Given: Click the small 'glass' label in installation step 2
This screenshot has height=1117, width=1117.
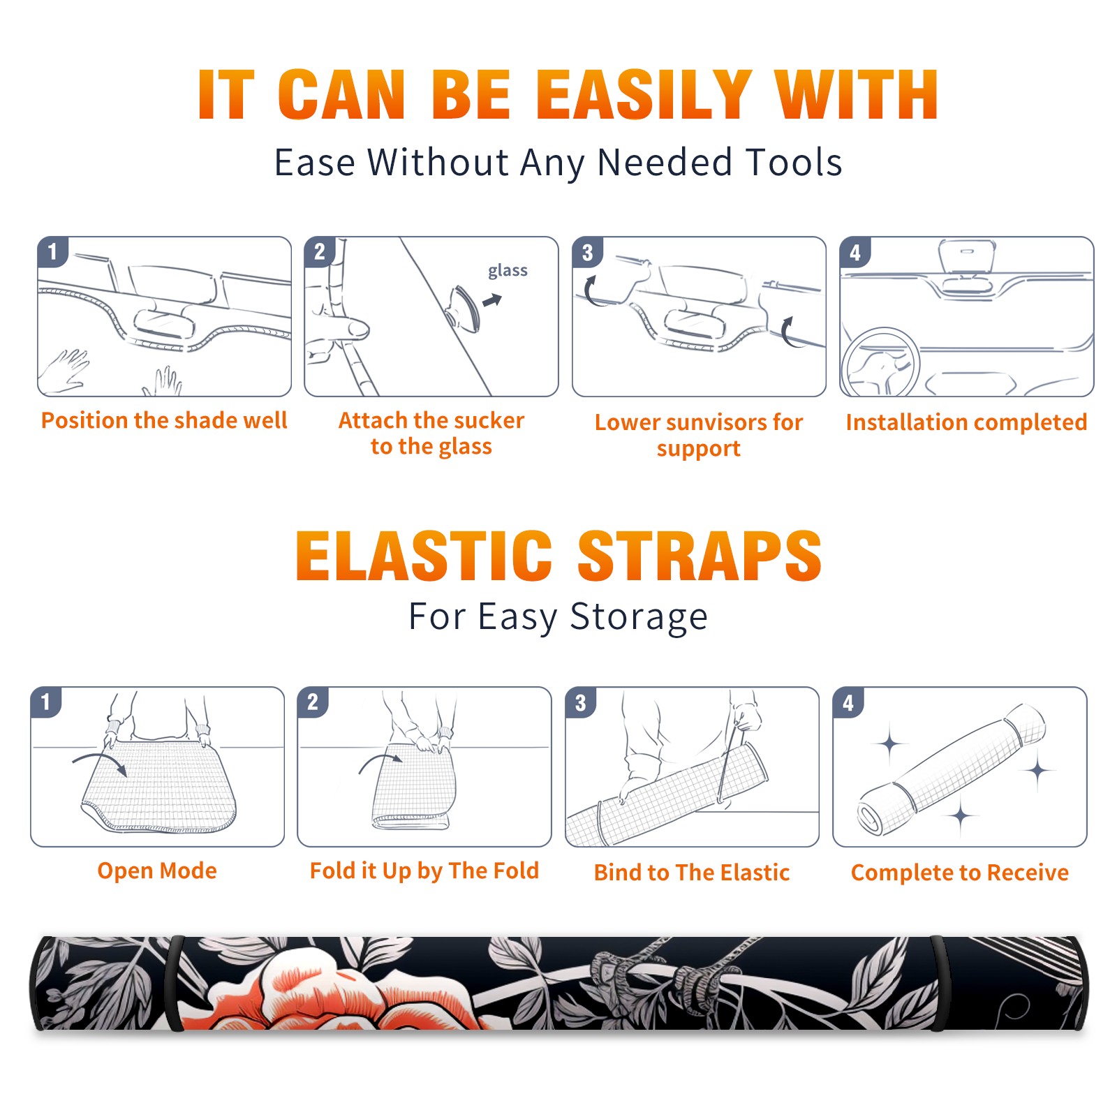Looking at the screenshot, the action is coord(508,271).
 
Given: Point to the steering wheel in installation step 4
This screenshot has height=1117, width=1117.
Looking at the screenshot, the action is coord(880,362).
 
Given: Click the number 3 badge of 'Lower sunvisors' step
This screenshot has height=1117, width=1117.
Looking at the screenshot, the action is coord(587,252).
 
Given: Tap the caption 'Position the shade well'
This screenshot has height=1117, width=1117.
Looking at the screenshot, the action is coord(164,420).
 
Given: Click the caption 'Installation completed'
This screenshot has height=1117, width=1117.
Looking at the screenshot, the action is coord(966,422).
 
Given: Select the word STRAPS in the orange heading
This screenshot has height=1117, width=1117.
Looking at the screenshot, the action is coord(700,556).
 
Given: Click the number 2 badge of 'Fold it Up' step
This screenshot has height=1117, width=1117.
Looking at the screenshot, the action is coord(312,702).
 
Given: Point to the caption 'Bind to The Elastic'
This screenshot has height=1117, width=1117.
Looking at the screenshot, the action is coord(692,873).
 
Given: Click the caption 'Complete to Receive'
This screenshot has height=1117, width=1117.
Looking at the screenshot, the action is coord(960,873).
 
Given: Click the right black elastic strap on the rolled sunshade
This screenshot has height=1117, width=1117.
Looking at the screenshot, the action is coord(938,983).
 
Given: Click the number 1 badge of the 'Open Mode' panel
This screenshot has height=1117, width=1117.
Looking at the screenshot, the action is coord(45,702).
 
